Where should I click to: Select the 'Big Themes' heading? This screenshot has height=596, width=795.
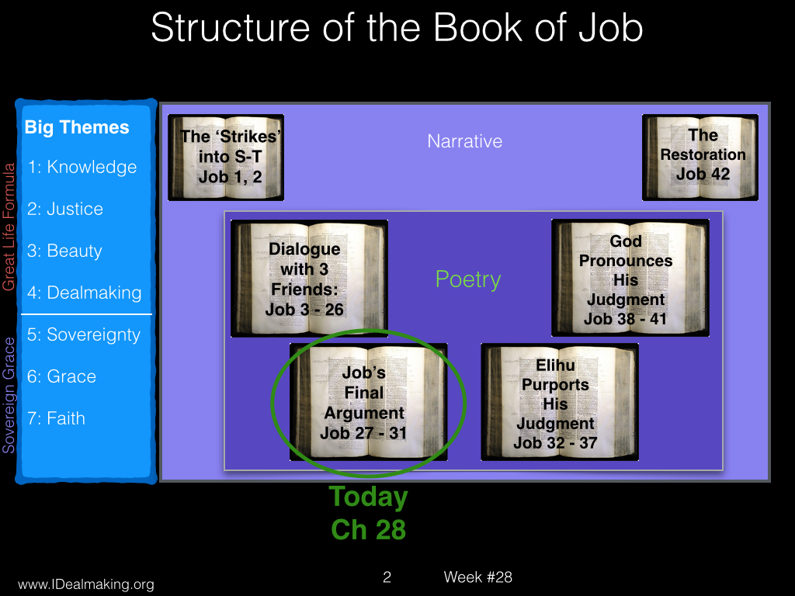77,127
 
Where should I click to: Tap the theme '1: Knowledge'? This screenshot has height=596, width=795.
82,167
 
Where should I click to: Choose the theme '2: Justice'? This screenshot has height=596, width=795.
65,209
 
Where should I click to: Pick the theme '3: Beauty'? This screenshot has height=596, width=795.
64,251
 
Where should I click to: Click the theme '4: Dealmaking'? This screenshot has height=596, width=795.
84,293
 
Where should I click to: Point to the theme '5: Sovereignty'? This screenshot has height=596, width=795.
84,335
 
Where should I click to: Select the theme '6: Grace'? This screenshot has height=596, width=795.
61,376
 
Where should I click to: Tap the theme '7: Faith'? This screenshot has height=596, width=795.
56,418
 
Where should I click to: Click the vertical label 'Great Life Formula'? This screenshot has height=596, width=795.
9,227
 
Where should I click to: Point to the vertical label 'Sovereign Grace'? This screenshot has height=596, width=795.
9,395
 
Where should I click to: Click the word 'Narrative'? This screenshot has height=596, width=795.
465,141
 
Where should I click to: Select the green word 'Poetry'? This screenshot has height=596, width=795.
468,279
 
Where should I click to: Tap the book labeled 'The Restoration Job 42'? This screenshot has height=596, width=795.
700,157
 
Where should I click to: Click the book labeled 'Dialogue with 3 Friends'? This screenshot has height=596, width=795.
309,279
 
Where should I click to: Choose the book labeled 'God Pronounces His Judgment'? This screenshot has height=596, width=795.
630,278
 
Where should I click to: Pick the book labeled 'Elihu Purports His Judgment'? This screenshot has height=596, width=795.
560,402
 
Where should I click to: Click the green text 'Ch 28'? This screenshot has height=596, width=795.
369,530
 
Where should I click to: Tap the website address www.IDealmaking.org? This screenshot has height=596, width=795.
86,584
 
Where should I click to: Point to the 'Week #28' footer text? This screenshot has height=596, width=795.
477,577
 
